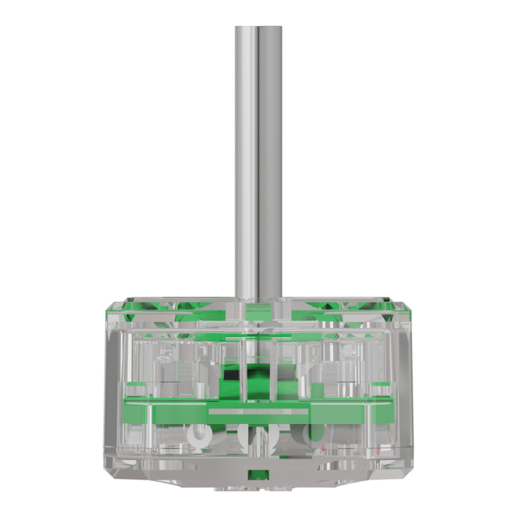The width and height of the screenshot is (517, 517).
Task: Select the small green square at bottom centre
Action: coord(257,474)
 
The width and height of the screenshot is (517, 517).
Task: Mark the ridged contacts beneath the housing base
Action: coord(258,488)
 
